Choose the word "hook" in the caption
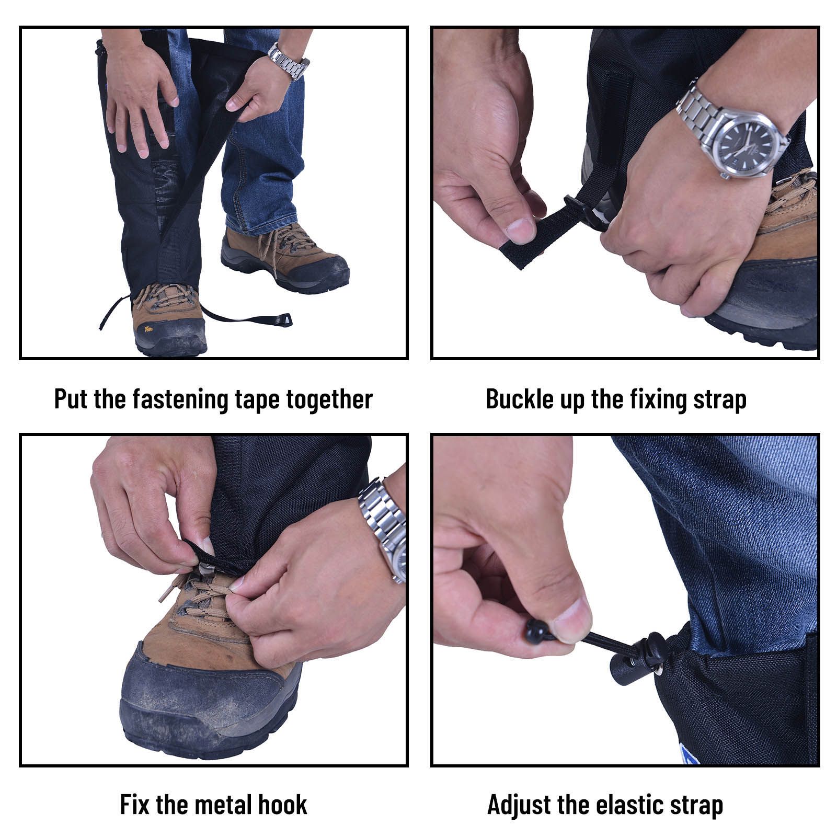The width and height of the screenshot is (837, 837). pyautogui.click(x=281, y=805)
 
